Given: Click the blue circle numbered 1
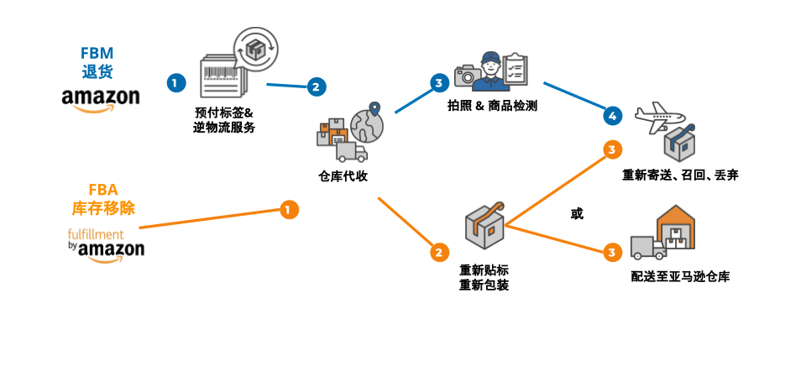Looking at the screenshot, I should click(x=175, y=82).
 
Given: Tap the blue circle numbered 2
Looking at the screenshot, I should click(x=315, y=86).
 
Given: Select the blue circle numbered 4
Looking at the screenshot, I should click(x=612, y=114).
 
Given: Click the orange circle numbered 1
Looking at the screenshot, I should click(x=289, y=209).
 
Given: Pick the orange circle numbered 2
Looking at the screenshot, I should click(x=437, y=251).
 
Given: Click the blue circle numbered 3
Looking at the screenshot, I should click(x=437, y=82).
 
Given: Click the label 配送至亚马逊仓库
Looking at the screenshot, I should click(x=680, y=275).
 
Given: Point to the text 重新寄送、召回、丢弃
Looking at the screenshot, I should click(x=680, y=175).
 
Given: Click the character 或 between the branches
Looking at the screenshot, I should click(x=576, y=214).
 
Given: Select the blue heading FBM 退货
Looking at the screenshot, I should click(x=97, y=61).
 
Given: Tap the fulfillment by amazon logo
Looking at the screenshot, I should click(x=106, y=243).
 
